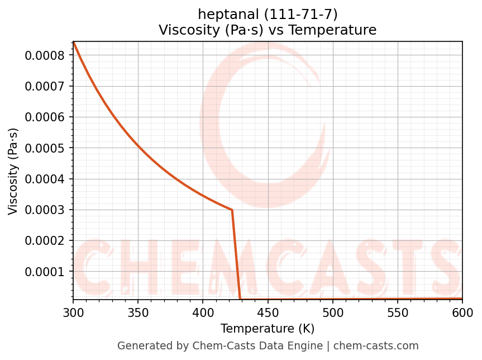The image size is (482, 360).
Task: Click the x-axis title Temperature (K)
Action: point(268,329)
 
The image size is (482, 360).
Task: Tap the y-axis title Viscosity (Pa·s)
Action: point(13,171)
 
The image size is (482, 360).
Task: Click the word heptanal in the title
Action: point(221,14)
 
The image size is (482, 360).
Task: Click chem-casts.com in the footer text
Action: point(384,346)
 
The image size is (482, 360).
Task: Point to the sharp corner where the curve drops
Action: point(232,210)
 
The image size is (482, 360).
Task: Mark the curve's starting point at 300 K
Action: point(73,42)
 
